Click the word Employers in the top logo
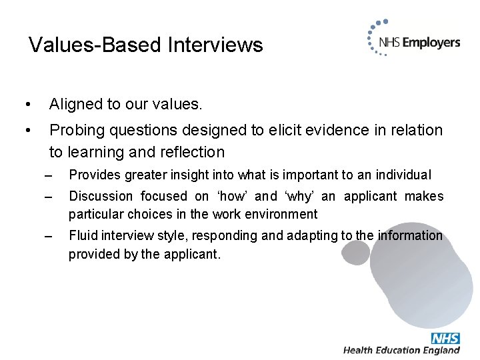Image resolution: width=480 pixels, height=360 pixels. tap(431, 43)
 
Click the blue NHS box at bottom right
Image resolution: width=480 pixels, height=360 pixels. tap(445, 338)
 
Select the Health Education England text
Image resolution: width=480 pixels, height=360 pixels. tap(401, 350)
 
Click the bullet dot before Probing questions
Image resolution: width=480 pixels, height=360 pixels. tap(26, 130)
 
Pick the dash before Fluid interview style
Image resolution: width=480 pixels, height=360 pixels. tap(46, 236)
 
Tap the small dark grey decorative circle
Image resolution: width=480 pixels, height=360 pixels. tap(356, 252)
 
